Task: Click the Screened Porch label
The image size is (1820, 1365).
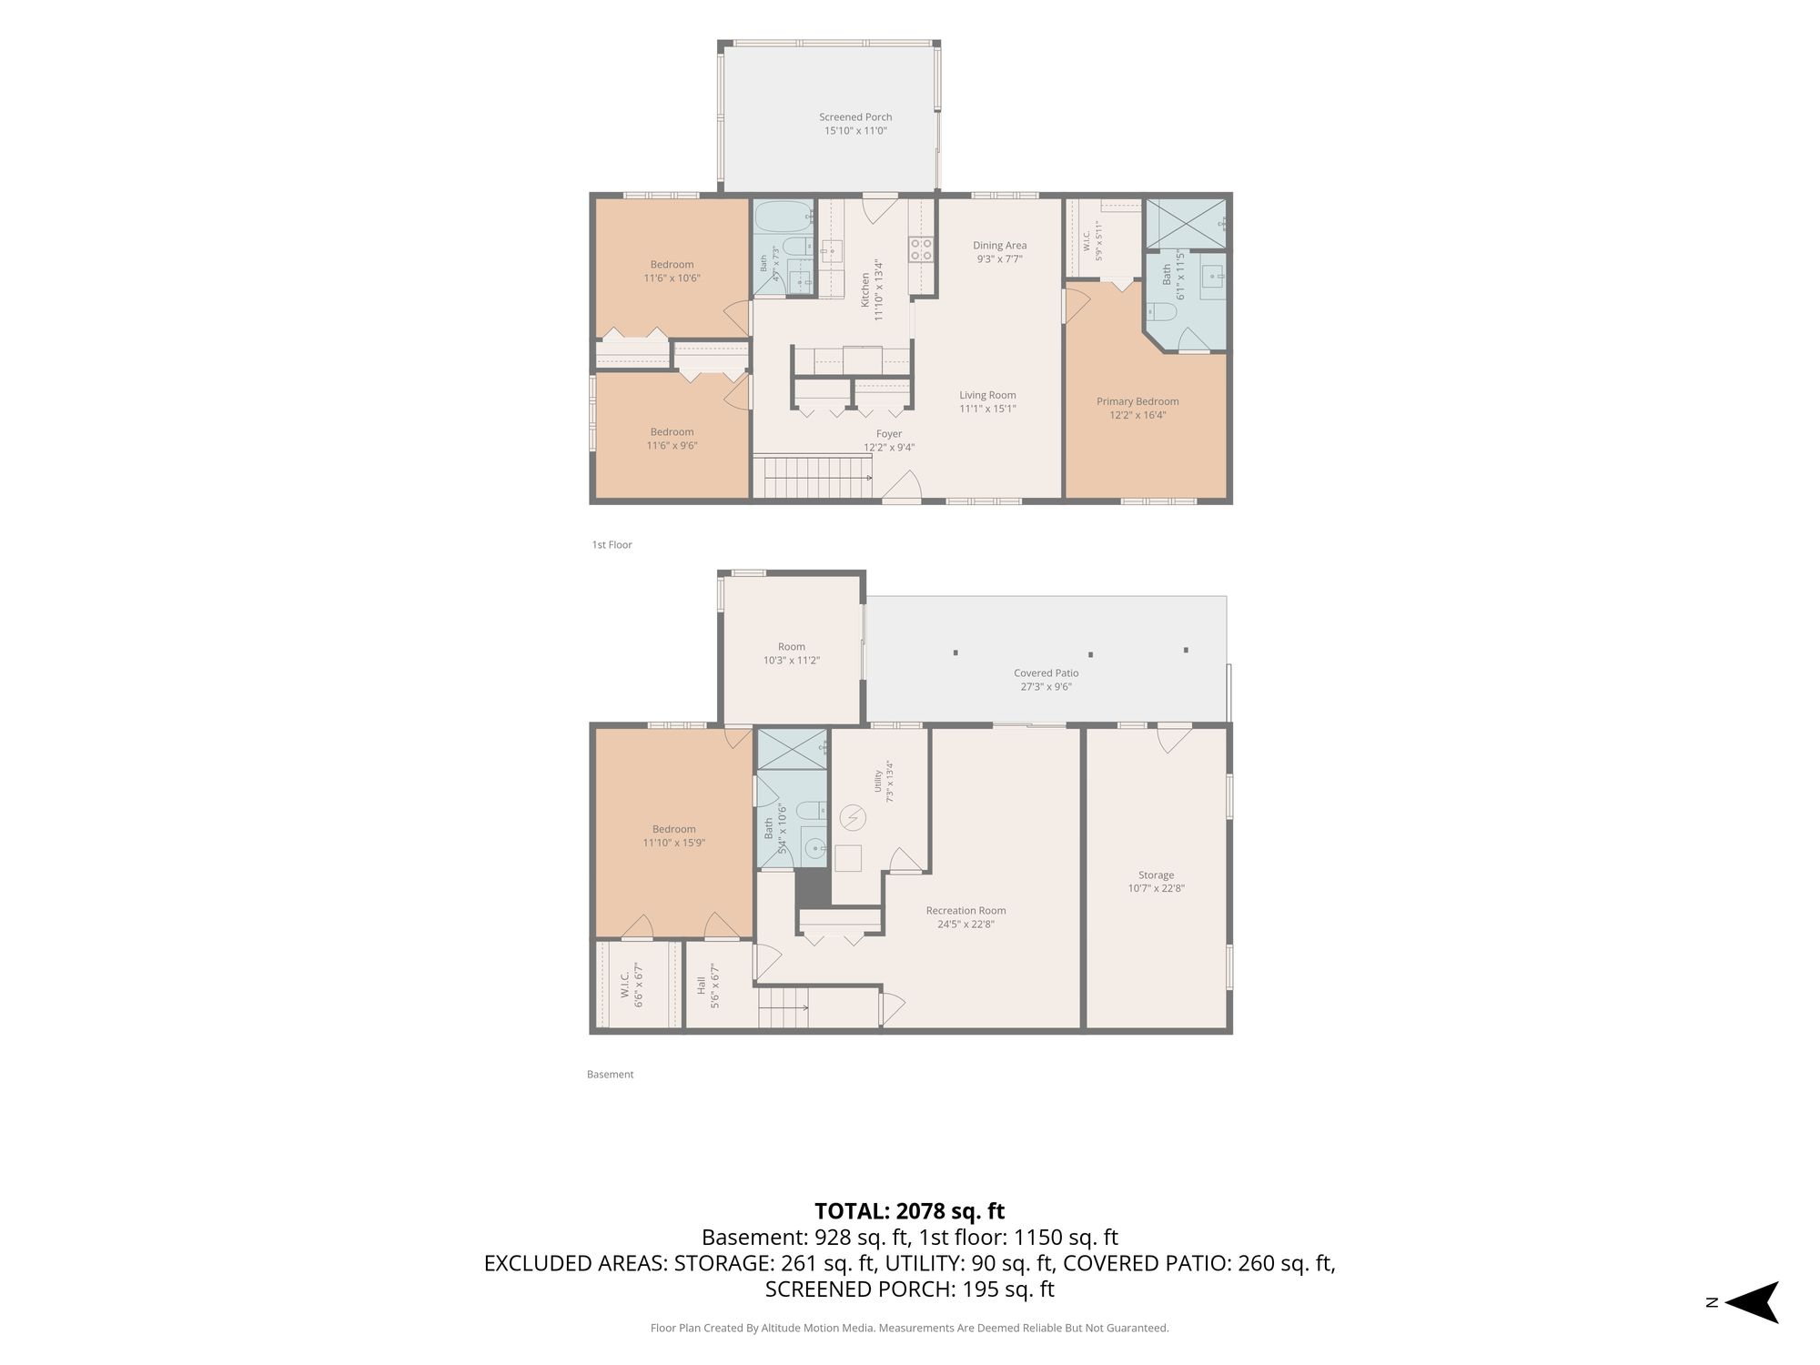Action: (x=855, y=116)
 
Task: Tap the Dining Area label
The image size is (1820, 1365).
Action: (x=999, y=245)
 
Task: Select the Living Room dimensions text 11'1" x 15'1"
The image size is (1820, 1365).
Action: (x=987, y=409)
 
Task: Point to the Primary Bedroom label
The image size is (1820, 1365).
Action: (x=1137, y=401)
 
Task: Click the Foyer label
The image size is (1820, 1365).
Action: (x=889, y=434)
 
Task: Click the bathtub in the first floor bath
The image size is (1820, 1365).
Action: (x=783, y=217)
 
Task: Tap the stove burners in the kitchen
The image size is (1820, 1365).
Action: (x=921, y=249)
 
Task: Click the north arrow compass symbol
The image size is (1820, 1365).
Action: (x=1751, y=1302)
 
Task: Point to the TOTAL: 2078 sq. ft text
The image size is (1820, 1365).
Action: (x=909, y=1211)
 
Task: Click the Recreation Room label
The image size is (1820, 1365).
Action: (x=966, y=910)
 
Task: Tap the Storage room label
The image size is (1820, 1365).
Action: (x=1156, y=875)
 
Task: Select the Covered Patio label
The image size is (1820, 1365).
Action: (x=1046, y=673)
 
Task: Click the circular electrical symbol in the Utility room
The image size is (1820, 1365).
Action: (x=853, y=818)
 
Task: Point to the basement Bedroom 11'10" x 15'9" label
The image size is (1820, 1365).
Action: (x=673, y=836)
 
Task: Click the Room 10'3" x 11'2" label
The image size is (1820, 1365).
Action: (x=791, y=653)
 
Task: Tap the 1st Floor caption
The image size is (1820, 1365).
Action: (x=612, y=545)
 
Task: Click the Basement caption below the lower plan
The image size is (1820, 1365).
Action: (x=610, y=1075)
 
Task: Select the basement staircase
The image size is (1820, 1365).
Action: (x=784, y=1008)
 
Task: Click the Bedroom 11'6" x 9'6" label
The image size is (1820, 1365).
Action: (x=672, y=439)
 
